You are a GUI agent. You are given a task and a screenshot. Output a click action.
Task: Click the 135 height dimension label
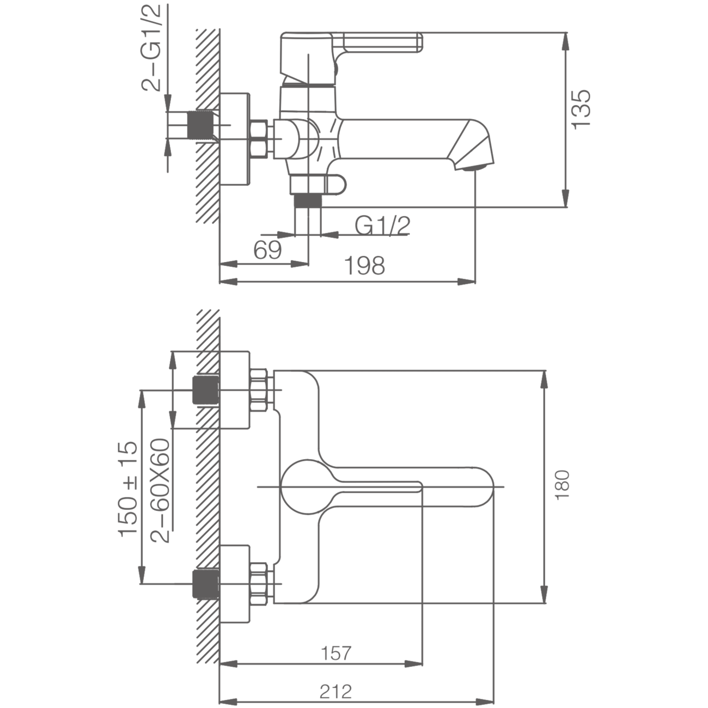click(x=581, y=109)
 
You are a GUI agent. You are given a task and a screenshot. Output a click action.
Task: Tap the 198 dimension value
click(x=365, y=266)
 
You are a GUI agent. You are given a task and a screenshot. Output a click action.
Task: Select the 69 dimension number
click(x=267, y=250)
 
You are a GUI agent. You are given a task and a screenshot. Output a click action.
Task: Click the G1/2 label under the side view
click(x=382, y=225)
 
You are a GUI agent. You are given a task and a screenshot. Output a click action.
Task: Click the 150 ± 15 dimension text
click(x=129, y=489)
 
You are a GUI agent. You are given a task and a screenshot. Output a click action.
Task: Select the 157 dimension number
click(x=337, y=652)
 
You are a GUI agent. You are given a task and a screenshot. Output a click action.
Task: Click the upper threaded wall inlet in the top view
click(x=206, y=390)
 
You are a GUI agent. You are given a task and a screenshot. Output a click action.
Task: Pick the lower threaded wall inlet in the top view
click(x=206, y=583)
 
